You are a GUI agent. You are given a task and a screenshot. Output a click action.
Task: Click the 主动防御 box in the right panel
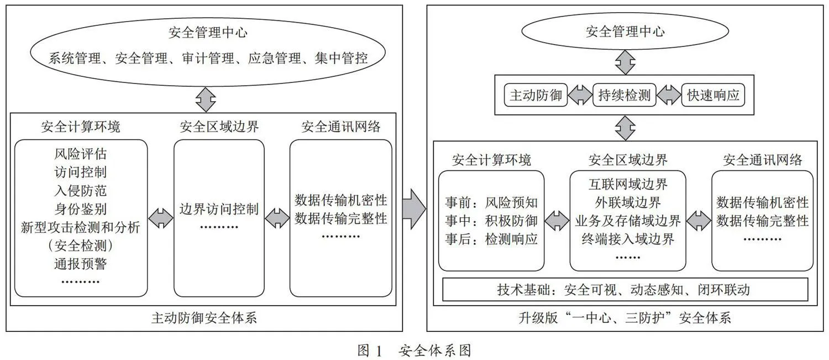point(536,95)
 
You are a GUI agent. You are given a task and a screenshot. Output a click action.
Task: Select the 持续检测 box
point(625,95)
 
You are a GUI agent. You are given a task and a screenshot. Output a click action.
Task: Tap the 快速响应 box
point(713,95)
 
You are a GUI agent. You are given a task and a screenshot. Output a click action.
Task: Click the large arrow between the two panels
point(414,209)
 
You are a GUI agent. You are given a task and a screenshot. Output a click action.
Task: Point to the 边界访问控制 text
point(219,209)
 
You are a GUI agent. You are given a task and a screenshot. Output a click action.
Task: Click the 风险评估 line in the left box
point(81,154)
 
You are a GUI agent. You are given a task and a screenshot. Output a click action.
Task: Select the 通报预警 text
point(81,264)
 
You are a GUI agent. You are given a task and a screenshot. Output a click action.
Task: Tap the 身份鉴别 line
point(81,209)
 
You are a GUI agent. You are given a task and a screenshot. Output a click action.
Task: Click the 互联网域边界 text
point(628,184)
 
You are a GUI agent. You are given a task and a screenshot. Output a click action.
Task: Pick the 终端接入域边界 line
point(628,239)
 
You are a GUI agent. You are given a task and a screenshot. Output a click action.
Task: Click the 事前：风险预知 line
point(491,202)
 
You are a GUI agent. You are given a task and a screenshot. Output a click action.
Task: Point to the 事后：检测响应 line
point(491,239)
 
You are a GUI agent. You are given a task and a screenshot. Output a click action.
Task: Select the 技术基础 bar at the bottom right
point(626,290)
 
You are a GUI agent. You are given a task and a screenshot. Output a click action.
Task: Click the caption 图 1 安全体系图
point(414,350)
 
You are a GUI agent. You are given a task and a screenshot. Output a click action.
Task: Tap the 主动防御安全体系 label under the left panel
point(204,318)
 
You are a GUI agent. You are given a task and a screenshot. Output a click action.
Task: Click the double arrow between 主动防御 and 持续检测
point(580,95)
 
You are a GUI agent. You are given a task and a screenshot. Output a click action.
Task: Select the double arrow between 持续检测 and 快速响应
point(669,95)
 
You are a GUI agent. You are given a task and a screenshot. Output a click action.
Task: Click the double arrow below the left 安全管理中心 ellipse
point(206,100)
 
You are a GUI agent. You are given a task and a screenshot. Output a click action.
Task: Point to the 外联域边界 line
point(628,202)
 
